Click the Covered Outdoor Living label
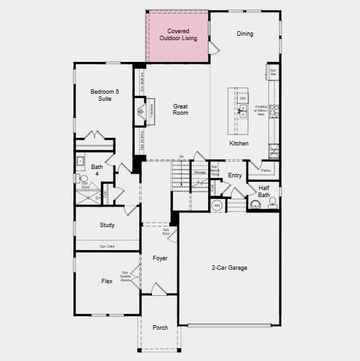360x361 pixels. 177,34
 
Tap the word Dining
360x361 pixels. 244,34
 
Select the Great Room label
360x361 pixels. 181,110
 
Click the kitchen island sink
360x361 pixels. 243,110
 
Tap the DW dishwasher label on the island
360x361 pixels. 243,98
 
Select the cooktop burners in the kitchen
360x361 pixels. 274,112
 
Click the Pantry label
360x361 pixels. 266,170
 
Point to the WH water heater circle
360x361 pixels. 216,205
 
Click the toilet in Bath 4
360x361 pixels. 83,179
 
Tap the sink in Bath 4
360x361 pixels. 81,161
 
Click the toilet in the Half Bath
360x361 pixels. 256,205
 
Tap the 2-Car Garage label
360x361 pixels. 229,268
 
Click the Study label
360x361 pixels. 107,225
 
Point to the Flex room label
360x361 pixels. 107,281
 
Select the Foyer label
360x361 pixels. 160,258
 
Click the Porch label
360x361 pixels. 160,327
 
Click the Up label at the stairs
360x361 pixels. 181,157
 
